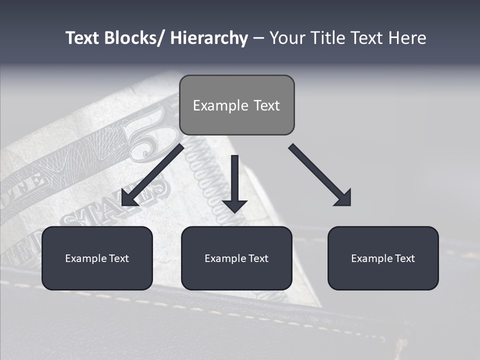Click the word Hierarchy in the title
tap(209, 38)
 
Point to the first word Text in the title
tap(83, 38)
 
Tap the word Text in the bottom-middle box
tap(258, 258)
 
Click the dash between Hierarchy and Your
tap(258, 38)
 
